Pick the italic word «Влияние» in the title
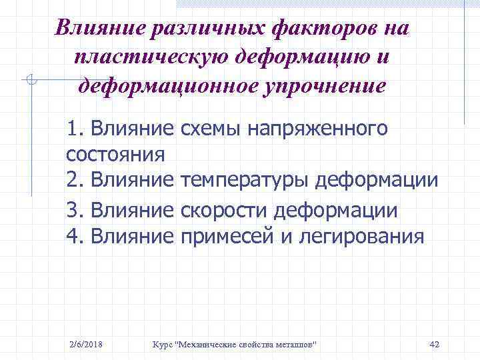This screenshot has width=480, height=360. (x=95, y=29)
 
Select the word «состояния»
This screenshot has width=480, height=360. (x=115, y=155)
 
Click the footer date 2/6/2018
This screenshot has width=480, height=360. (x=86, y=344)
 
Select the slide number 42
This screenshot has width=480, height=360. (x=434, y=344)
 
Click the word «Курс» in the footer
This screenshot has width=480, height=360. (x=162, y=344)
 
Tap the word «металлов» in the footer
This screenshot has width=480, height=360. (x=294, y=344)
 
